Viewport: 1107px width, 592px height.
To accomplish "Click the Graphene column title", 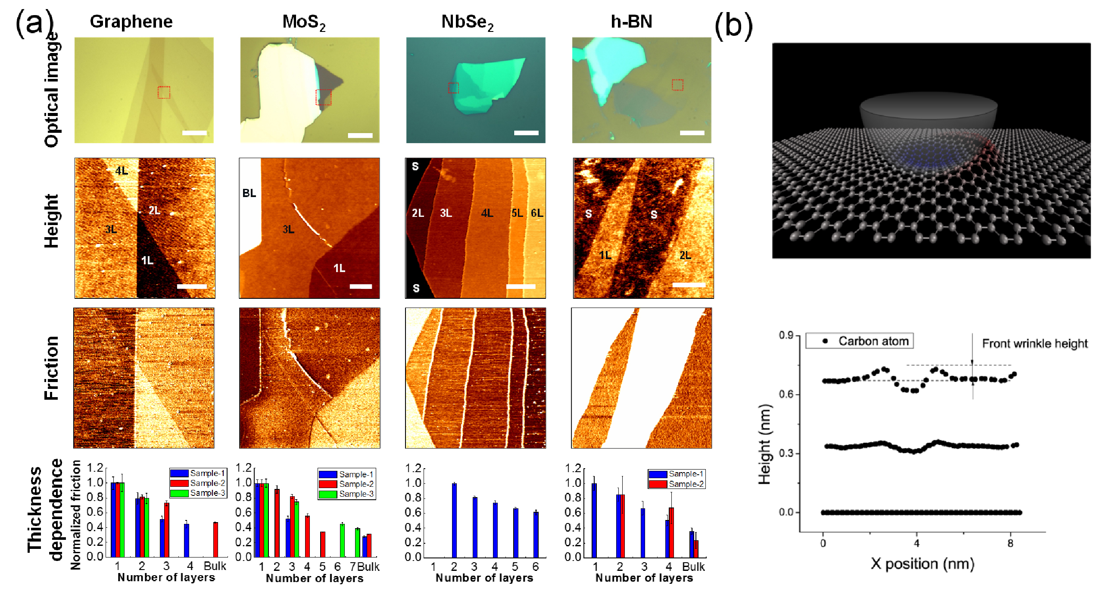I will click(131, 22).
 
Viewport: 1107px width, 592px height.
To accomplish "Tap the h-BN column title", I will click(631, 22).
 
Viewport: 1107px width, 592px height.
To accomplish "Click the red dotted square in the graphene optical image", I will click(164, 92).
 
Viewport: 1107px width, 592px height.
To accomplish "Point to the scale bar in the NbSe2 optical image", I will click(526, 133).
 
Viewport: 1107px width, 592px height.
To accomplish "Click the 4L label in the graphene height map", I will click(122, 171).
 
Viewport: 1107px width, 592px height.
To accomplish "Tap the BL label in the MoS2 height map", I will click(249, 193).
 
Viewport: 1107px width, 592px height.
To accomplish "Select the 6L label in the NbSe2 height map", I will click(537, 213).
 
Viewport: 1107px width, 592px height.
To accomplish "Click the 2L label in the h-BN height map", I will click(685, 255).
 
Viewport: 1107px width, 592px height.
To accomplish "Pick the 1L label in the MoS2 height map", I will click(339, 268).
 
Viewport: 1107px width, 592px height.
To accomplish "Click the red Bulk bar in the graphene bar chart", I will click(215, 539).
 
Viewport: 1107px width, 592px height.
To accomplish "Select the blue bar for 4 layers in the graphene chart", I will click(186, 540).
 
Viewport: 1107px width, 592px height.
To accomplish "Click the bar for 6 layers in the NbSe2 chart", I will click(536, 535).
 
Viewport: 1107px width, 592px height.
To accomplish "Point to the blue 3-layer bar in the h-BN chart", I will click(643, 533).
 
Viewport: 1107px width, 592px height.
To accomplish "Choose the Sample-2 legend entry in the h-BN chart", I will click(677, 484).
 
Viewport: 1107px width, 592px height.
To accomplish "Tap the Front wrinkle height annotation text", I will click(1035, 344).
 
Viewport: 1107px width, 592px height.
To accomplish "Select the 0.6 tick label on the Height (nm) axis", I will click(786, 394).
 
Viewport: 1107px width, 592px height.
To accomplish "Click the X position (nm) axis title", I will click(922, 564).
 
